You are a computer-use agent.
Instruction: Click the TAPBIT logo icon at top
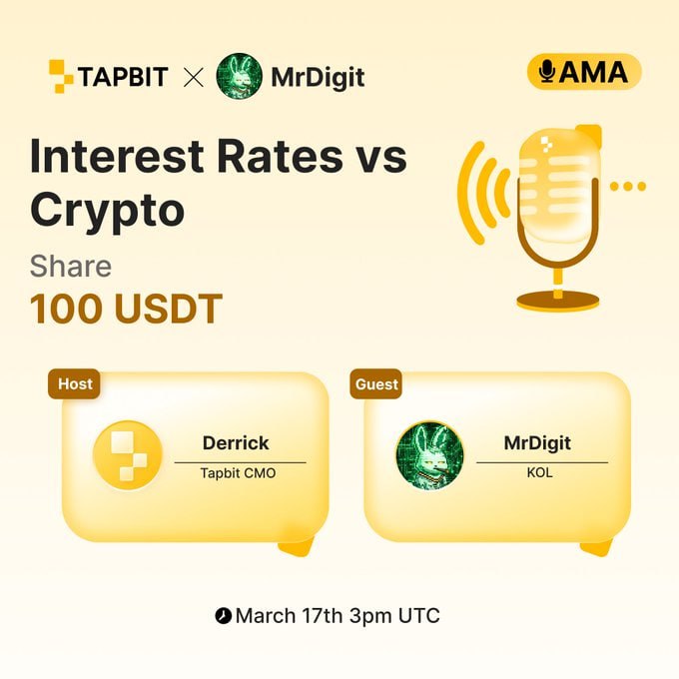[63, 75]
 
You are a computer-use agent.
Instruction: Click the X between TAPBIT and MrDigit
[193, 76]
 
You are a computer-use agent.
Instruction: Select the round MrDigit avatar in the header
[240, 75]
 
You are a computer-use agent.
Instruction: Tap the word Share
[70, 266]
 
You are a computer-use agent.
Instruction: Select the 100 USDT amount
[126, 310]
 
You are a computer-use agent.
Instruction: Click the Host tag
[74, 383]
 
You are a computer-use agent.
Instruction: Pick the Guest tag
[376, 383]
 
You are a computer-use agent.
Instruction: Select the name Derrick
[236, 442]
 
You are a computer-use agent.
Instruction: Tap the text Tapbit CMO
[239, 473]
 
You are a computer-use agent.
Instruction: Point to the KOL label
[540, 473]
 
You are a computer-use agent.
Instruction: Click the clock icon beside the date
[223, 616]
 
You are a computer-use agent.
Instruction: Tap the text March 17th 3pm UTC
[337, 615]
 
